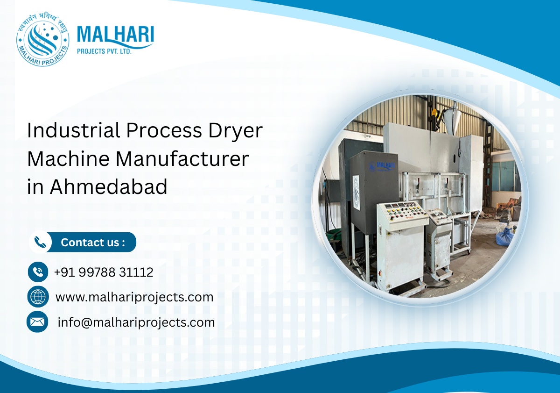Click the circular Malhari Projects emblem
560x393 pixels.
(x=42, y=40)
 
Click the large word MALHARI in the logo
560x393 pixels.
(x=115, y=36)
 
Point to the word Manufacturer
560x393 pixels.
(x=182, y=159)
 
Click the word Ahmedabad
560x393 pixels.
(x=109, y=187)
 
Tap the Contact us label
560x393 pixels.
(x=93, y=243)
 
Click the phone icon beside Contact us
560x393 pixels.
(x=41, y=242)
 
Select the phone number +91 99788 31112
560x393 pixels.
(x=104, y=272)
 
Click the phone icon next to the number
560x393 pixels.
(x=38, y=272)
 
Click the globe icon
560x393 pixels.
(x=38, y=297)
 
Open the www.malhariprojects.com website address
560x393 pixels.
(x=134, y=297)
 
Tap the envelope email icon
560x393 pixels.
(x=37, y=322)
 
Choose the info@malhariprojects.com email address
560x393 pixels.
(x=136, y=322)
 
